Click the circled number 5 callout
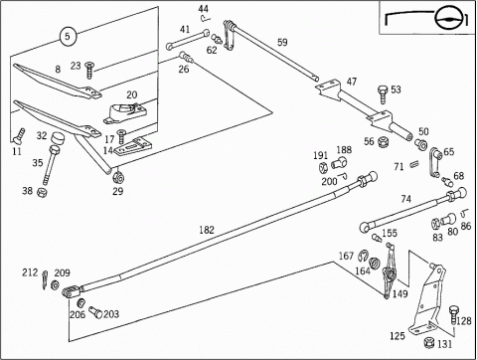[68, 36]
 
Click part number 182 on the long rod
[207, 230]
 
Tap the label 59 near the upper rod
[282, 43]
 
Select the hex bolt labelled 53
[383, 93]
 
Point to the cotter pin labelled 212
[45, 279]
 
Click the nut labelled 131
[429, 342]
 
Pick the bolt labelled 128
[454, 315]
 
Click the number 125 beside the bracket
[397, 336]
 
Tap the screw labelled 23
[89, 70]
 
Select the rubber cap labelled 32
[59, 138]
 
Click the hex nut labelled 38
[42, 191]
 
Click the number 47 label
[352, 82]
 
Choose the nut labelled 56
[384, 141]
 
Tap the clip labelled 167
[363, 256]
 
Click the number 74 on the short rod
[406, 199]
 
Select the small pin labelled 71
[414, 164]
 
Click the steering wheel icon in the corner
[447, 19]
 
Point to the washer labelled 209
[55, 284]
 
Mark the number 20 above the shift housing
[131, 94]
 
